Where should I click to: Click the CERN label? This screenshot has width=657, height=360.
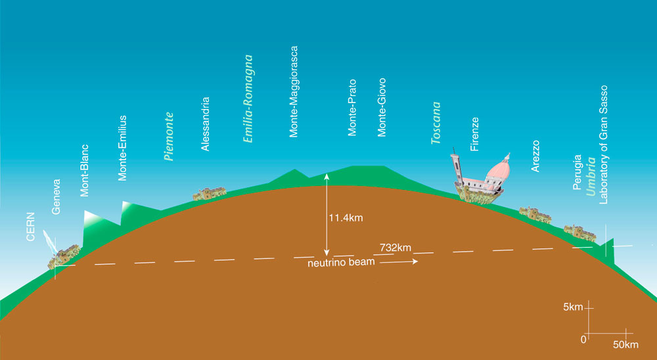tap(31, 227)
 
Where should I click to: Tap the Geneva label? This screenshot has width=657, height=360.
tap(56, 197)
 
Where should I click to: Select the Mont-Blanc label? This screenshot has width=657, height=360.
tap(85, 171)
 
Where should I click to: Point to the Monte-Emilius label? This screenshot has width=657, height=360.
tap(122, 148)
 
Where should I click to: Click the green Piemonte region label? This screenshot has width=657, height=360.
tap(169, 137)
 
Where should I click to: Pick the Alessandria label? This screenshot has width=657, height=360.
tap(205, 124)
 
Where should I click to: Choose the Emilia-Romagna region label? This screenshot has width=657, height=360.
tap(248, 99)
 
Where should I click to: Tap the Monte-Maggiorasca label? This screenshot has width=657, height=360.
tap(294, 91)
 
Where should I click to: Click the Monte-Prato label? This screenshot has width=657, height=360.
tap(352, 107)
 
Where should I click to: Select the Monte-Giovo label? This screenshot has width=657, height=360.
tap(381, 107)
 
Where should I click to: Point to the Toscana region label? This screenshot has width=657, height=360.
tap(436, 123)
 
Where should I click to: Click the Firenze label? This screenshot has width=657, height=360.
tap(474, 134)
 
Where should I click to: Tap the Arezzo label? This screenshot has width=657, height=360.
tap(535, 156)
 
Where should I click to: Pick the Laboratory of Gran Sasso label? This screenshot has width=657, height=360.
tap(603, 145)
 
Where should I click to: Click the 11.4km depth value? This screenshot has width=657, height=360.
tap(346, 218)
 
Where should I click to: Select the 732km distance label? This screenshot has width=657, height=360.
tap(396, 248)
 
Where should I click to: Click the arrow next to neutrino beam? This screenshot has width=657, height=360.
tap(399, 262)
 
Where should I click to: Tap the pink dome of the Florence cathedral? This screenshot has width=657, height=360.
tap(499, 169)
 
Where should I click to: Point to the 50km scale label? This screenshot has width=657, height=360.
tap(625, 345)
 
